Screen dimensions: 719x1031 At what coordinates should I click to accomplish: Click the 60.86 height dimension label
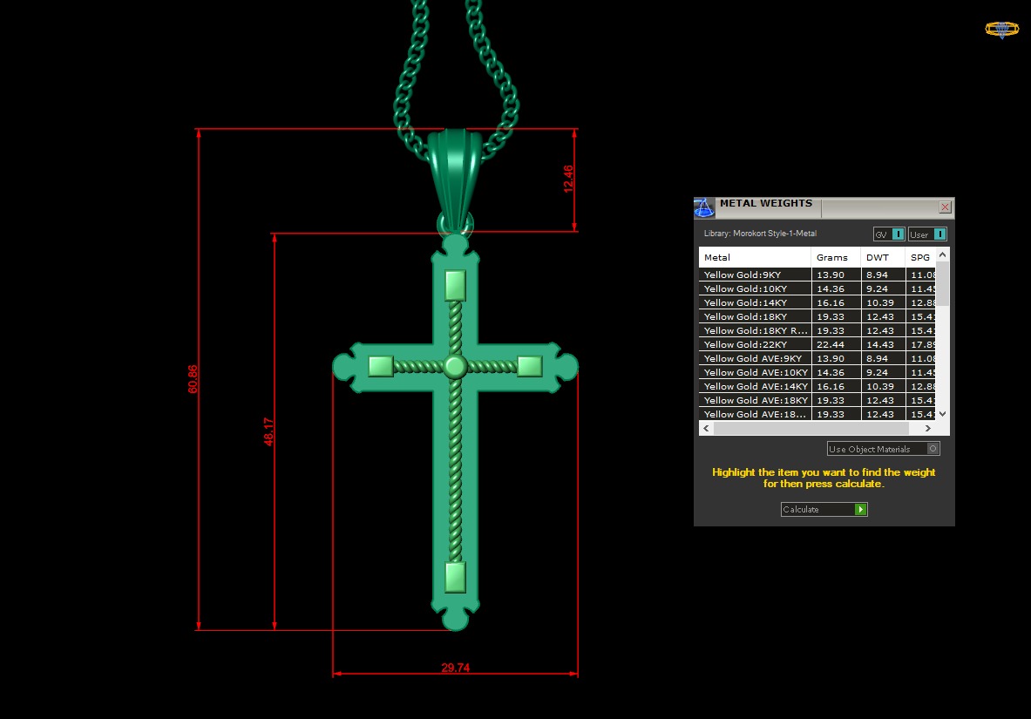pyautogui.click(x=193, y=378)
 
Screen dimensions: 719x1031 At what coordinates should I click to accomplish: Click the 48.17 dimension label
pyautogui.click(x=269, y=431)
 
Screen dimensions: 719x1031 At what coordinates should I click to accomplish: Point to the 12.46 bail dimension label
pyautogui.click(x=568, y=179)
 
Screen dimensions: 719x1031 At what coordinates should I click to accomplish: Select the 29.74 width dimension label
pyautogui.click(x=455, y=668)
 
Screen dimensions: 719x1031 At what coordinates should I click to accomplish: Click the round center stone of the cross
pyautogui.click(x=454, y=366)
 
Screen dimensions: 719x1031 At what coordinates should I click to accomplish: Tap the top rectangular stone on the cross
pyautogui.click(x=455, y=286)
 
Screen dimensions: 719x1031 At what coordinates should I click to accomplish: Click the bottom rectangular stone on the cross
pyautogui.click(x=455, y=577)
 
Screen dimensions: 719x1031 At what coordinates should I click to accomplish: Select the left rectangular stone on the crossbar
pyautogui.click(x=380, y=366)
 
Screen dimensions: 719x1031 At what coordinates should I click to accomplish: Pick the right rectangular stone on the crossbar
pyautogui.click(x=530, y=366)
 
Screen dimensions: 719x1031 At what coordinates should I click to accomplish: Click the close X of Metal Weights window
pyautogui.click(x=945, y=207)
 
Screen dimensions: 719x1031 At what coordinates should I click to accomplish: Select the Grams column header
pyautogui.click(x=831, y=258)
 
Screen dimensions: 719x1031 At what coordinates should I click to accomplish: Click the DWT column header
pyautogui.click(x=877, y=258)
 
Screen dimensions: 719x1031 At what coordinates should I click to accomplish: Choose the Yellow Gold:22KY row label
pyautogui.click(x=745, y=344)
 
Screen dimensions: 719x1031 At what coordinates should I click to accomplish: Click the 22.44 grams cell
pyautogui.click(x=831, y=344)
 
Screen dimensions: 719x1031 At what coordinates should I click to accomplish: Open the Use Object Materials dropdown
pyautogui.click(x=883, y=449)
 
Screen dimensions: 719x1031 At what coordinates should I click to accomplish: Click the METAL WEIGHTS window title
pyautogui.click(x=765, y=204)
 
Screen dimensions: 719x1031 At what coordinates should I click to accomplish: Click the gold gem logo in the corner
pyautogui.click(x=1001, y=30)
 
